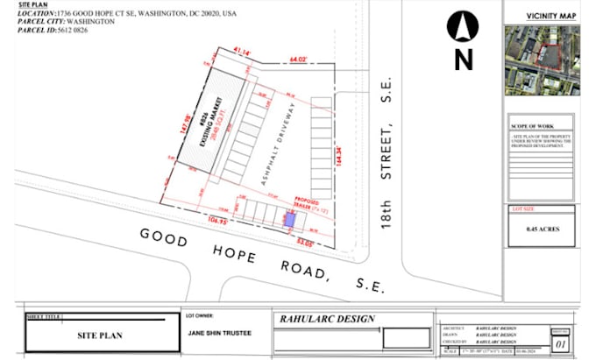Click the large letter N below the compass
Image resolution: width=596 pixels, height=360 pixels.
(x=463, y=60)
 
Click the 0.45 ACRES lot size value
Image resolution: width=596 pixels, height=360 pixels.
(x=543, y=229)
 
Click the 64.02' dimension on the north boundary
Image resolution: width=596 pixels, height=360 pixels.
(x=302, y=60)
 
